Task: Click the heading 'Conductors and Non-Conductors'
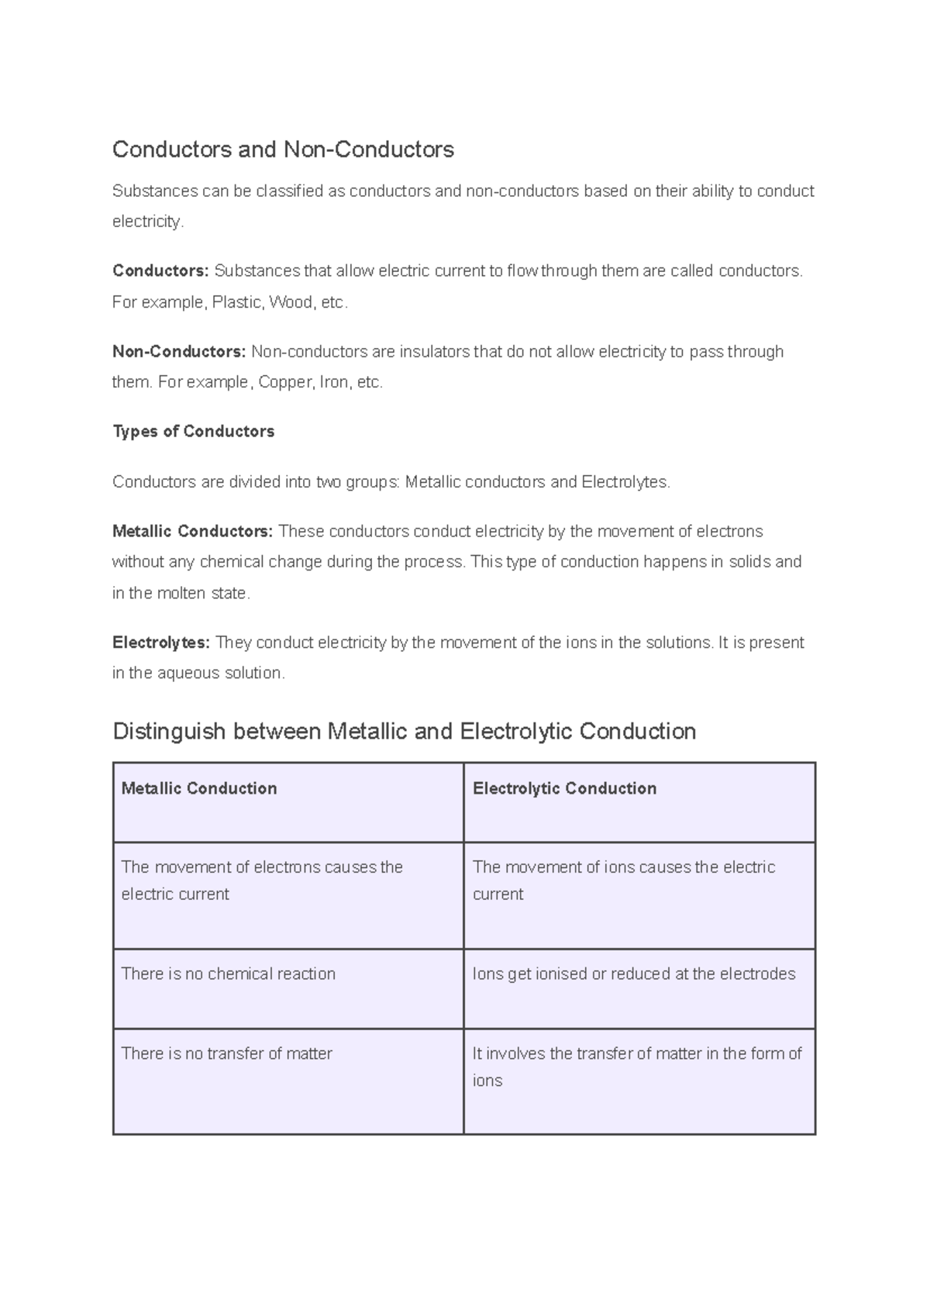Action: [283, 149]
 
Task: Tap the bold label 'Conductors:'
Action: [160, 271]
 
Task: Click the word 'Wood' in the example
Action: [291, 302]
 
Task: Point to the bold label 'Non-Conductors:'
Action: [179, 352]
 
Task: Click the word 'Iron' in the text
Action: [334, 382]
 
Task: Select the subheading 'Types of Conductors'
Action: [194, 431]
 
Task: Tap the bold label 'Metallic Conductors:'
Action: [192, 531]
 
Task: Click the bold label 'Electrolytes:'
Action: [161, 643]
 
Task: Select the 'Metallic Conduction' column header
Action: [199, 788]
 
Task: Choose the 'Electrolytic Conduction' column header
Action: [564, 788]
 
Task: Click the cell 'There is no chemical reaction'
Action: [229, 974]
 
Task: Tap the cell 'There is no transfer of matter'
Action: [227, 1053]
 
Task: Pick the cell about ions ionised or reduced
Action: [634, 974]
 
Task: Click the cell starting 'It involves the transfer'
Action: [637, 1066]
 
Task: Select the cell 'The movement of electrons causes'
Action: [262, 880]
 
